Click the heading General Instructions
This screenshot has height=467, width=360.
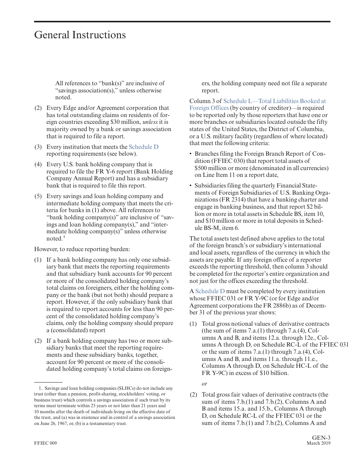[80, 35]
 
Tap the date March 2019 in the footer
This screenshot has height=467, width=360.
[318, 444]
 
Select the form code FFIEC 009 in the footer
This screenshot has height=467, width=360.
[45, 444]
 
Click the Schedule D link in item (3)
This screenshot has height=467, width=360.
[144, 147]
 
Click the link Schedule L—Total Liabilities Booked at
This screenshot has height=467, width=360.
[274, 101]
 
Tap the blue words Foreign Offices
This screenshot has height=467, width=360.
[209, 108]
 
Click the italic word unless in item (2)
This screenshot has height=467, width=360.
[150, 122]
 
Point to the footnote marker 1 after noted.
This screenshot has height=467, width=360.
[64, 237]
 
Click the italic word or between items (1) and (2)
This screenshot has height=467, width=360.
[204, 384]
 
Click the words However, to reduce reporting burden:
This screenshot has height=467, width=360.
[82, 249]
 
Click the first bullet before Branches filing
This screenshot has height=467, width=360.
[191, 154]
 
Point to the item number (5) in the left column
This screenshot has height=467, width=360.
[38, 196]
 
